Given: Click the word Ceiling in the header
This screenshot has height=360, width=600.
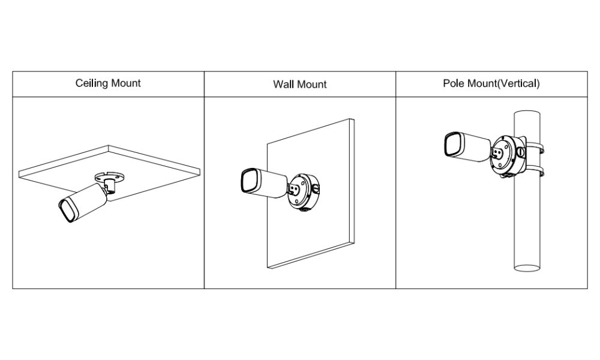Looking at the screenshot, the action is (91, 83).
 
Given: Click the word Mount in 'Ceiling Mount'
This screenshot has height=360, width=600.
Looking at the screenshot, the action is (125, 83).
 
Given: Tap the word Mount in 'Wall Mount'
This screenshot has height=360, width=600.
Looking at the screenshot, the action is (311, 84).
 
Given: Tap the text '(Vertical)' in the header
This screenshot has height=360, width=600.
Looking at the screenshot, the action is (518, 83).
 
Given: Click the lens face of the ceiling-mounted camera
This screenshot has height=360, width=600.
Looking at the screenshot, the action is (67, 211).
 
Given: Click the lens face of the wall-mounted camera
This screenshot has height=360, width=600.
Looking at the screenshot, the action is (249, 181).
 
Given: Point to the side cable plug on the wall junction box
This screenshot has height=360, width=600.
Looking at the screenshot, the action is (316, 188).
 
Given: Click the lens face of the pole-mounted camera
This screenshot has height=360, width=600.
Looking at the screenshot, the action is (452, 145).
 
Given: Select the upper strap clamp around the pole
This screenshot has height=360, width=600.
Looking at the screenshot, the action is (535, 146).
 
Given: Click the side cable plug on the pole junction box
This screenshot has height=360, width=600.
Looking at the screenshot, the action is (521, 152).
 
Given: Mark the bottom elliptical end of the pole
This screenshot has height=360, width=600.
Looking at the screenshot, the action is (527, 268).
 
